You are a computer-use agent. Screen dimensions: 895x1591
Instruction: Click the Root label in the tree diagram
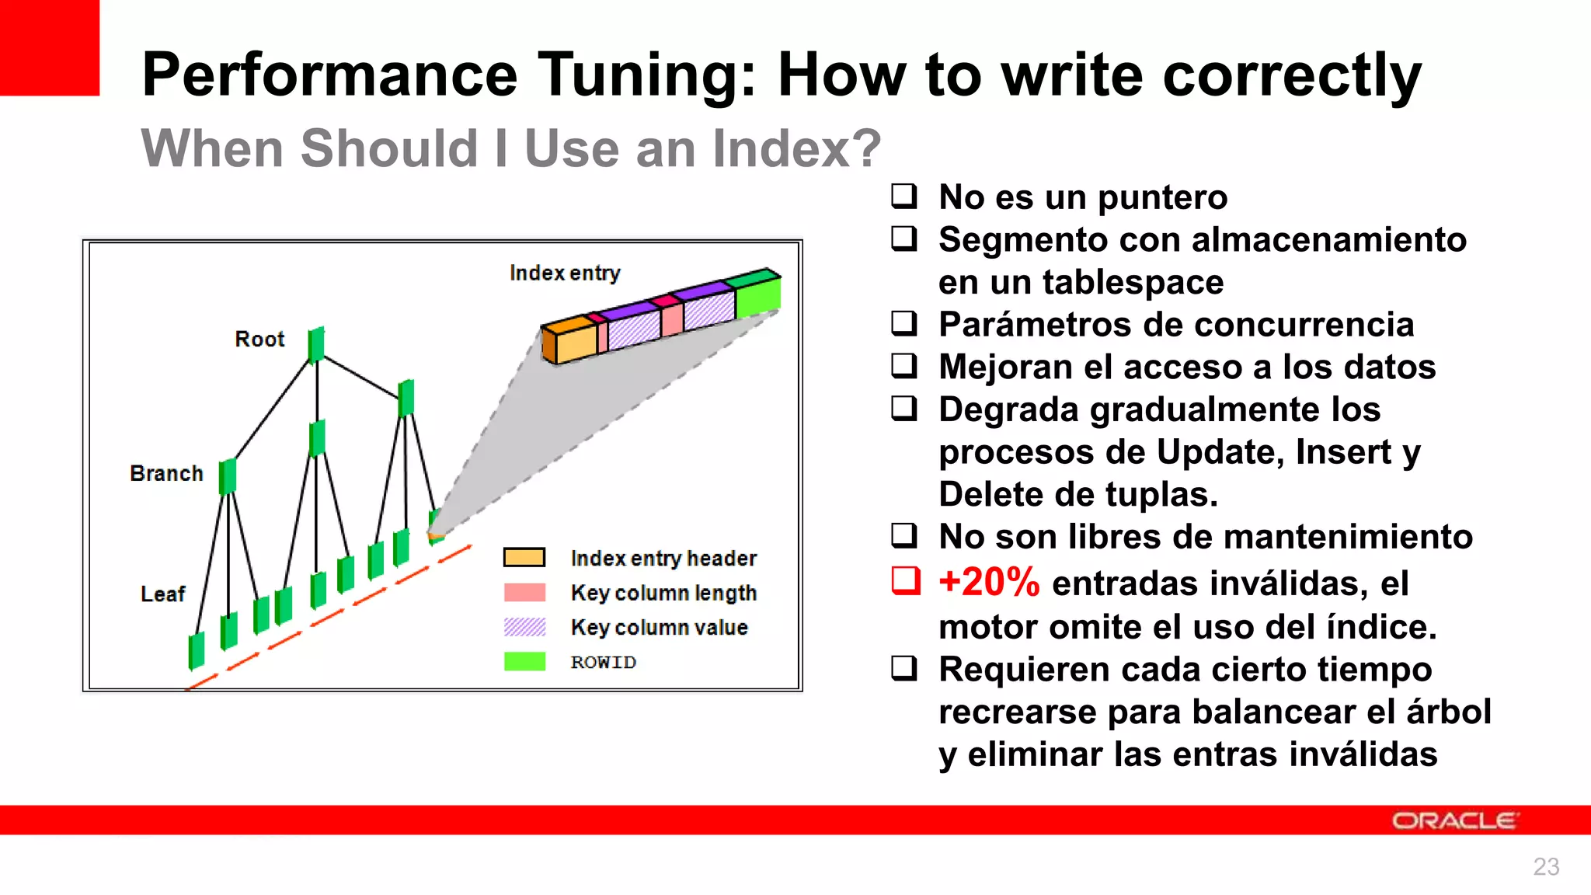(x=259, y=340)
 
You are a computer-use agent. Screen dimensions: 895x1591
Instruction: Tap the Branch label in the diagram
(x=166, y=474)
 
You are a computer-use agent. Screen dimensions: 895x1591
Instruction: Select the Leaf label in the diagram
(x=162, y=594)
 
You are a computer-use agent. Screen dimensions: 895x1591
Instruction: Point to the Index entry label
(x=565, y=273)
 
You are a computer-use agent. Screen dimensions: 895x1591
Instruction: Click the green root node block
(x=316, y=345)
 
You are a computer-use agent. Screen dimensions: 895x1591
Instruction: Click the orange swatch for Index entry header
(x=524, y=558)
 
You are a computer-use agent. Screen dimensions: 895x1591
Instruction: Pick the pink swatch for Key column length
(x=524, y=593)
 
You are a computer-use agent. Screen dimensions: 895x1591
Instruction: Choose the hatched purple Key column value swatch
(x=524, y=627)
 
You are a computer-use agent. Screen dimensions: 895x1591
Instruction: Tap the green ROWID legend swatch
(x=524, y=662)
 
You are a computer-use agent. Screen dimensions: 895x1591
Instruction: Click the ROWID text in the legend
(x=603, y=663)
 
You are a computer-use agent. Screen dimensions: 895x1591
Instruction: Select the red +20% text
(x=988, y=583)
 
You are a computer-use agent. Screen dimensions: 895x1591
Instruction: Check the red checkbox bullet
(x=905, y=581)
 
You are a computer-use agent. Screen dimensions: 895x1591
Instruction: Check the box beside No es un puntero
(x=903, y=196)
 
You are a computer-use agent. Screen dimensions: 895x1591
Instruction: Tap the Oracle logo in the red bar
(x=1453, y=821)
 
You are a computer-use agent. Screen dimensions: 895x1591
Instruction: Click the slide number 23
(x=1545, y=867)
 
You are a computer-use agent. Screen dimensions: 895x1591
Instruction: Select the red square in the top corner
(x=50, y=47)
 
